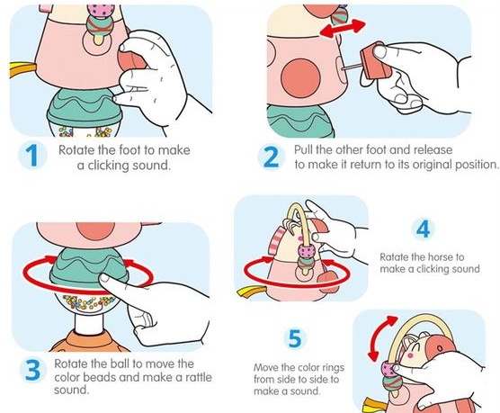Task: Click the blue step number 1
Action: (x=32, y=156)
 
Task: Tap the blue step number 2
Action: (x=271, y=157)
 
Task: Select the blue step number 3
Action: (x=32, y=370)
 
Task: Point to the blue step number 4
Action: (x=424, y=229)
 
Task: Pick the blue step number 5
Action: (x=295, y=338)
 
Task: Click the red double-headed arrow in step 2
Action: (x=343, y=28)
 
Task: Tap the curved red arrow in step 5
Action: (x=381, y=338)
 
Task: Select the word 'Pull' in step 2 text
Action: (x=303, y=149)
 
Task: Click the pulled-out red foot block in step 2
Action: (x=376, y=61)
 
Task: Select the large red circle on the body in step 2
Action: (x=300, y=77)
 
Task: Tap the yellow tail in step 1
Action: (x=22, y=68)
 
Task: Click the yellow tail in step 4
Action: (x=252, y=292)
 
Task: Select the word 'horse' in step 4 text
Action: (x=441, y=257)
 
